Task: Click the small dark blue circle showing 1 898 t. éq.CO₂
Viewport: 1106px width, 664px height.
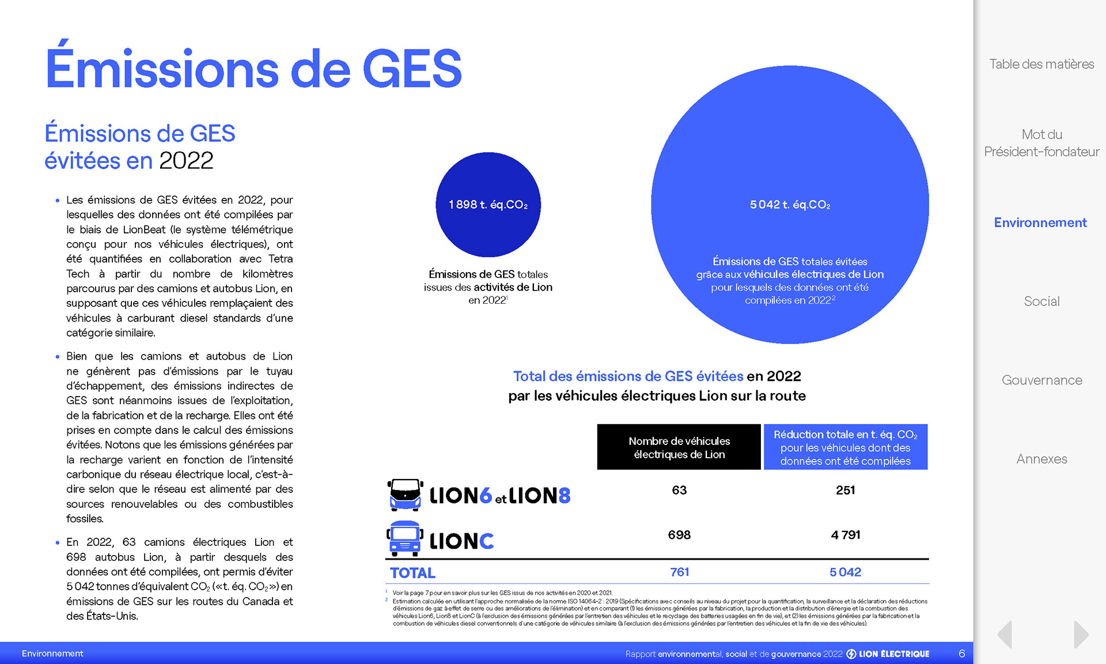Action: coord(488,205)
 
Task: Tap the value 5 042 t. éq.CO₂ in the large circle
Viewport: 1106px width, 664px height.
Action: coord(790,205)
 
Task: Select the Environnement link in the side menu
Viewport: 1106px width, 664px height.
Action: coord(1040,222)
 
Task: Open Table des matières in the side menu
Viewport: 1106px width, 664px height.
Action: coord(1041,64)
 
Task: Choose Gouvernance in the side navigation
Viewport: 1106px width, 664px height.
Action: coord(1041,380)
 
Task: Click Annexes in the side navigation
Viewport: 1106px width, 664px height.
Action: coord(1041,459)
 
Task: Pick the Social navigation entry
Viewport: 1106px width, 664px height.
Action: coord(1041,301)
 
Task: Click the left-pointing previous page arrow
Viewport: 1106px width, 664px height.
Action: coord(1005,635)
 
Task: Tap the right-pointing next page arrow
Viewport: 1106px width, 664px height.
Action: coord(1081,635)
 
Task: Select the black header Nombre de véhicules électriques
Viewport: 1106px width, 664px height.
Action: coord(679,447)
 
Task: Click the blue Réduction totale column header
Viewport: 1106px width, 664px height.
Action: coord(845,447)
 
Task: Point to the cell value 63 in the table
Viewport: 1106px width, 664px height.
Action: coord(679,490)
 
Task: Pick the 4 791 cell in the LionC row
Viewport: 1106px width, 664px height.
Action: coord(845,535)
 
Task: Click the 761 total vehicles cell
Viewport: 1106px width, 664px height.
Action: coord(679,572)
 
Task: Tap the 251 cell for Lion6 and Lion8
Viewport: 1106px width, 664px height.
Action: coord(845,490)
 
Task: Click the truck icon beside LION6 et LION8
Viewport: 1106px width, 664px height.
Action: coord(405,495)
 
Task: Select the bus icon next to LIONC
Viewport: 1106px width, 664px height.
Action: coord(404,539)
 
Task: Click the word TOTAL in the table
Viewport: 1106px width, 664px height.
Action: coord(412,573)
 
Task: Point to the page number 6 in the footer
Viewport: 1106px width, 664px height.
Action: coord(961,654)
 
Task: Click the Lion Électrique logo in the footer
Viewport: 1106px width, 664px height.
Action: coord(888,654)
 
